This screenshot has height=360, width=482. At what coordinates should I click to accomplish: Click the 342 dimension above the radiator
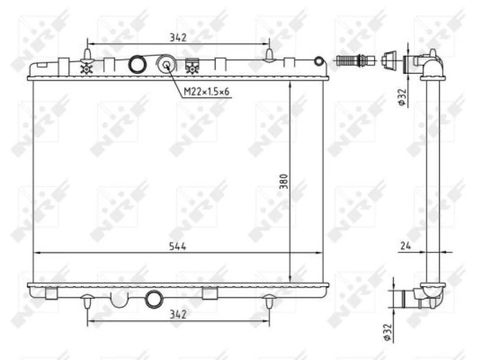tap(178, 38)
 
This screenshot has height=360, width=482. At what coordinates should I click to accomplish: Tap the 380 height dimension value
tap(284, 183)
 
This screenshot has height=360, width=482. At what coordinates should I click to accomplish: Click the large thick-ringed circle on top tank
tap(137, 64)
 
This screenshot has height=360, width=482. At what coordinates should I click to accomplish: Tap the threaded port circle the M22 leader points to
tap(166, 64)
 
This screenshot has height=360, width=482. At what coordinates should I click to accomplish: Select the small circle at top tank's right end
tap(318, 61)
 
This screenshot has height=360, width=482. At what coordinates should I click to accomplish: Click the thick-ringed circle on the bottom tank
tap(153, 299)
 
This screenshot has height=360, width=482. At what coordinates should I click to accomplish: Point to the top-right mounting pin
tap(270, 55)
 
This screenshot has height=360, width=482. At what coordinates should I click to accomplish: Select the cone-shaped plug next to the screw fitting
tap(388, 59)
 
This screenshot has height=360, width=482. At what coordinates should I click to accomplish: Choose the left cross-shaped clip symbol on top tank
tap(86, 68)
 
